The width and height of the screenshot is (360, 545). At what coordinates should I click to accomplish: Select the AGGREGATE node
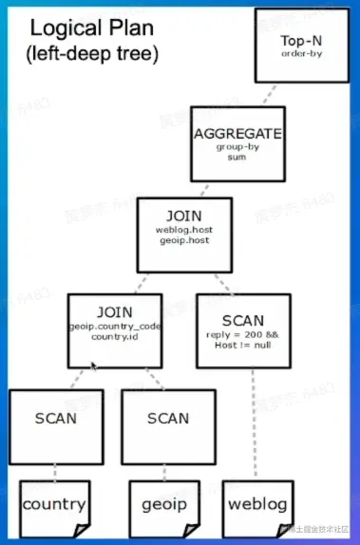click(237, 142)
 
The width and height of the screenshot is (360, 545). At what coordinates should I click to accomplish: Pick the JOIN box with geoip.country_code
click(115, 329)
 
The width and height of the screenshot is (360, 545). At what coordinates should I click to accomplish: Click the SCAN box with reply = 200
click(242, 329)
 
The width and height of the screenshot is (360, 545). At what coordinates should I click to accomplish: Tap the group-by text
click(237, 149)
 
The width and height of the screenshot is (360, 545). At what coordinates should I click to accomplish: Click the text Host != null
click(242, 346)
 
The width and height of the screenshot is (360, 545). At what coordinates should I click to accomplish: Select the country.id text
click(115, 337)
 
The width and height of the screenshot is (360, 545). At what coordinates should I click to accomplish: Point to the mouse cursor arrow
click(93, 366)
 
